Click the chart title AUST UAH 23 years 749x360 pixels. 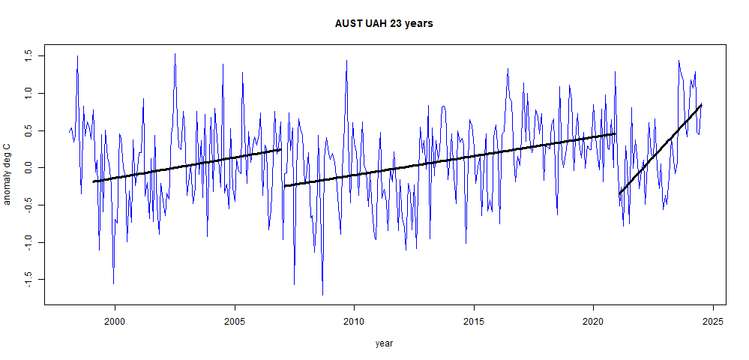(x=384, y=23)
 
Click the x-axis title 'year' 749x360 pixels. (x=384, y=343)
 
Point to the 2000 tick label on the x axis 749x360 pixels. (x=115, y=321)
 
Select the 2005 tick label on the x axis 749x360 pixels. (x=235, y=321)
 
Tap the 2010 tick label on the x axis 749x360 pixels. (x=354, y=321)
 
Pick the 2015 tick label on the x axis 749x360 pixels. (x=474, y=321)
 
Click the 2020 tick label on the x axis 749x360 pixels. (x=593, y=321)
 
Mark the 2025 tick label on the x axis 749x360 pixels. (x=713, y=321)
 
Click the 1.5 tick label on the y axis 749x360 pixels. (x=29, y=55)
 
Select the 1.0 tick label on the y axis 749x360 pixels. (x=29, y=93)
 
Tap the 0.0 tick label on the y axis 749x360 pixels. (x=29, y=167)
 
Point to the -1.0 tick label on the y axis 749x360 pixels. (x=29, y=241)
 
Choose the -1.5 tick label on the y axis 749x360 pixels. (x=29, y=279)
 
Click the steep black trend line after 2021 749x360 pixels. (x=660, y=150)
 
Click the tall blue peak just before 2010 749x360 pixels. (x=346, y=61)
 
